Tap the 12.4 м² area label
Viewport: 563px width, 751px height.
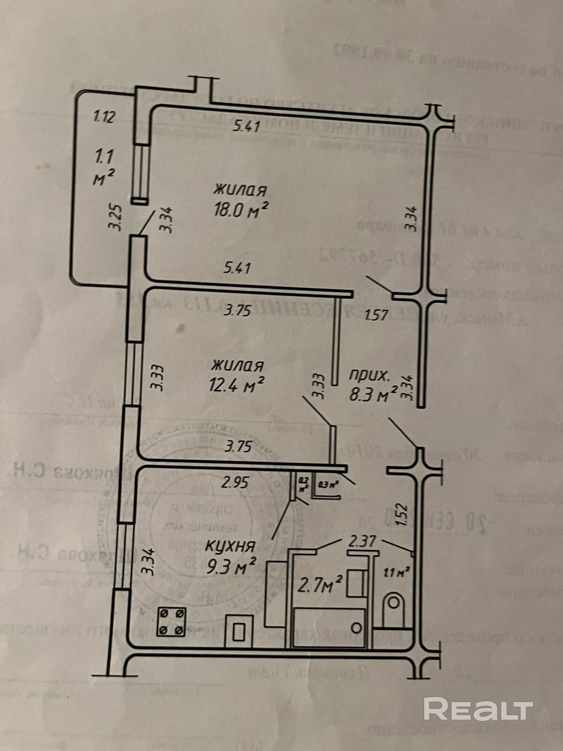click(236, 385)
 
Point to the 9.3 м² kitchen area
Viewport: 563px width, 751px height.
click(231, 567)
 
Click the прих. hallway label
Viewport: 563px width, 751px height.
click(369, 375)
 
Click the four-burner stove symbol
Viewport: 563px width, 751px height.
click(171, 621)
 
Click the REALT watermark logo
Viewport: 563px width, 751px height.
click(478, 709)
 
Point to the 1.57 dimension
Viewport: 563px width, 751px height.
click(376, 314)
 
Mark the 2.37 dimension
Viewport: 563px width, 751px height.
click(362, 541)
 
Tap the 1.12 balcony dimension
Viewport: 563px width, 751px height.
click(104, 116)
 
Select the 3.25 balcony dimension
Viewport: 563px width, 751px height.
click(115, 217)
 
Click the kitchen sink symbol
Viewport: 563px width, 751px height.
click(239, 631)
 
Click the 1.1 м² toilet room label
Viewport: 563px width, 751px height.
click(397, 572)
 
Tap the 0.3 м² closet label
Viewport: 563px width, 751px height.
click(328, 484)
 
